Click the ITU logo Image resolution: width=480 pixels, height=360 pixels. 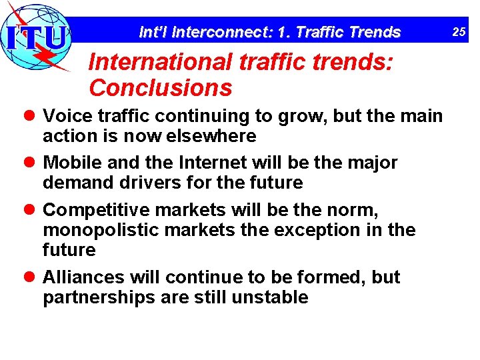click(x=37, y=37)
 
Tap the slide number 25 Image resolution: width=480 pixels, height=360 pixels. click(x=460, y=31)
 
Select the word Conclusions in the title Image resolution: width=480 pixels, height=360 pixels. click(x=160, y=87)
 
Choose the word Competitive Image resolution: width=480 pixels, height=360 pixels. click(x=92, y=210)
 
